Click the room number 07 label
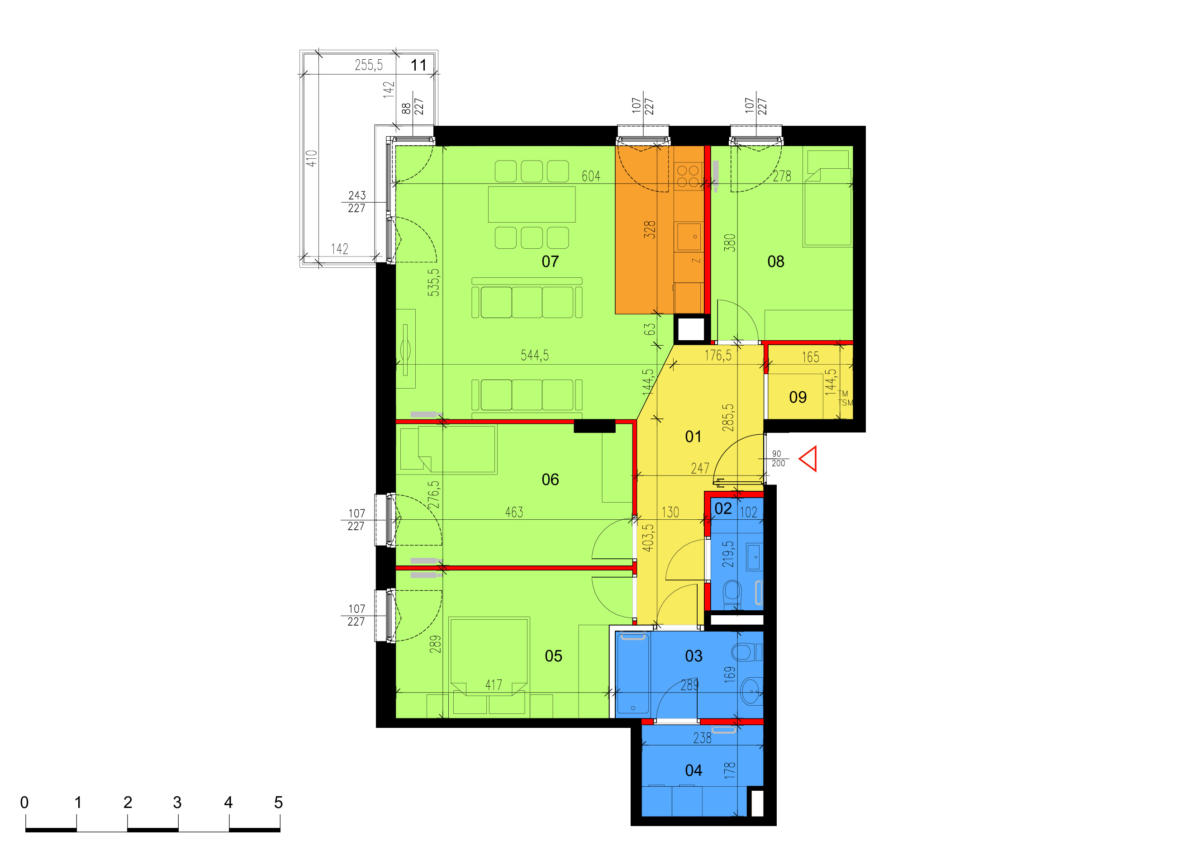(x=550, y=261)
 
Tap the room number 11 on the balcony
(x=418, y=65)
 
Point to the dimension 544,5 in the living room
(x=534, y=355)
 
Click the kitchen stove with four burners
(x=688, y=176)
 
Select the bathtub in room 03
(x=632, y=674)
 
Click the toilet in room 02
(x=733, y=593)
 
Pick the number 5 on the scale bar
(x=278, y=803)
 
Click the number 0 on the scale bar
(x=24, y=803)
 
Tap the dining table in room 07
(x=532, y=204)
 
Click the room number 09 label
(x=798, y=397)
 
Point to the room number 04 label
(x=693, y=770)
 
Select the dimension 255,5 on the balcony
(x=369, y=65)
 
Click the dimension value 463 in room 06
(x=514, y=512)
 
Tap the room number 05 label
(x=553, y=656)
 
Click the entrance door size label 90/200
(x=778, y=459)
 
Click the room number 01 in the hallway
(x=693, y=437)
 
